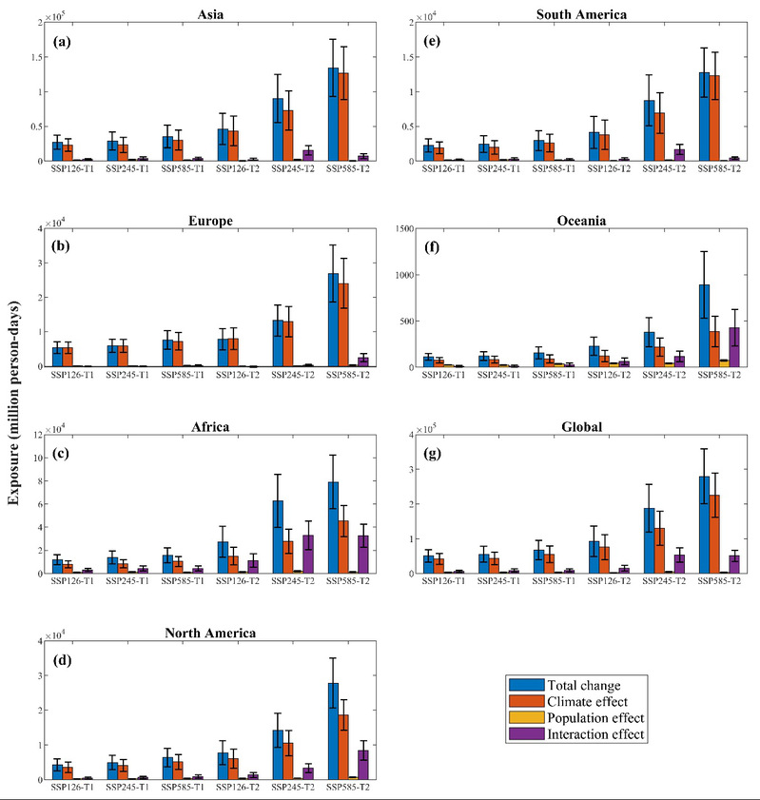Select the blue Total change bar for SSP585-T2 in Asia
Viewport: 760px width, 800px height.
[333, 114]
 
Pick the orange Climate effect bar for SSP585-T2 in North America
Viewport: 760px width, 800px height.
[343, 747]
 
